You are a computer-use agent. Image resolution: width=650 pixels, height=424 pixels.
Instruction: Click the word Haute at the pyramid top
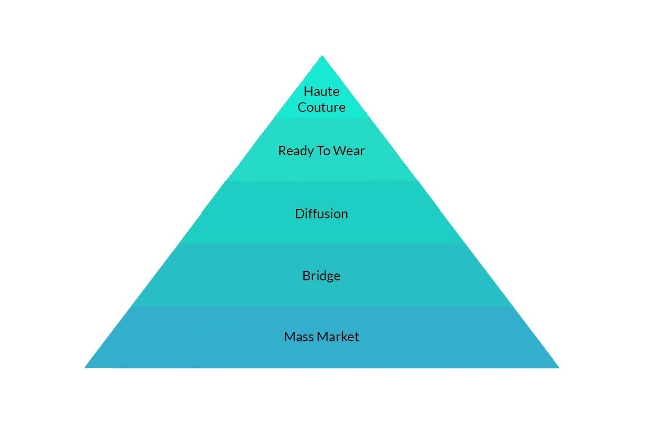(321, 91)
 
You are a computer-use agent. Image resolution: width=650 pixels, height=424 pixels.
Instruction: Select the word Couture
(321, 107)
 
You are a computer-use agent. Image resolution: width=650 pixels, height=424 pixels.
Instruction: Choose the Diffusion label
(321, 214)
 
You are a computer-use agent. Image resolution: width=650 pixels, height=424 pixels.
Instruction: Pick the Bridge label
(321, 276)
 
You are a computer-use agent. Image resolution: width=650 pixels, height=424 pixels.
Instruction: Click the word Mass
(297, 337)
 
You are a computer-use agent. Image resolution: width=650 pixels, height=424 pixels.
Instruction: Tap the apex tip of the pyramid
(322, 56)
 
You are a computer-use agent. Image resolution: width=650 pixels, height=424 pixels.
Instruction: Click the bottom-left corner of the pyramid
(86, 367)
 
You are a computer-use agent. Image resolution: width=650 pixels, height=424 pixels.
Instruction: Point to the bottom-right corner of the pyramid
(558, 367)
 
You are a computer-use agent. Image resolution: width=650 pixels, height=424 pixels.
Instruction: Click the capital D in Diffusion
(299, 214)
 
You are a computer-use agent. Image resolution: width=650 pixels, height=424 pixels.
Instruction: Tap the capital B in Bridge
(306, 276)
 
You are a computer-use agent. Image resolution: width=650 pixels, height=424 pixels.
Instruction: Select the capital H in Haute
(308, 91)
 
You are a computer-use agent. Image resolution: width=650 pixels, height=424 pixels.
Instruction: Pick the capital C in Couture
(302, 107)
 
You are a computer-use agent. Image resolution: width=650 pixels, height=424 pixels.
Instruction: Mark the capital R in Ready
(282, 151)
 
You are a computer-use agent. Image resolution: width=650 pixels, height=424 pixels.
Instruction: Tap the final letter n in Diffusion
(345, 214)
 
